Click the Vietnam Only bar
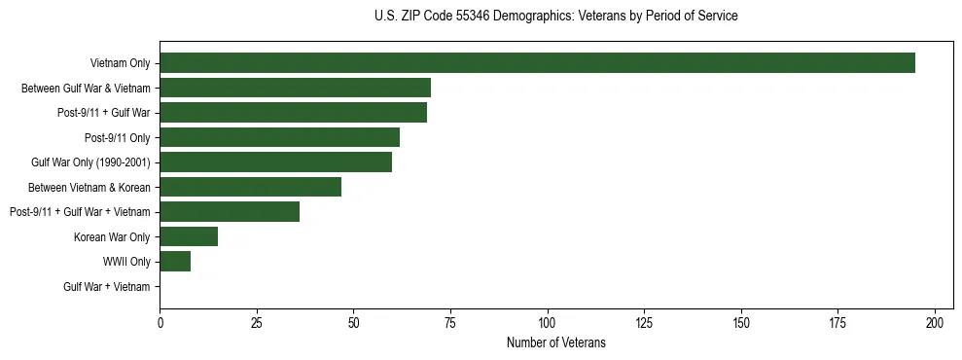pos(537,63)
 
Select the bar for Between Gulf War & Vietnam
pos(295,89)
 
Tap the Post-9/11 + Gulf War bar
pos(293,113)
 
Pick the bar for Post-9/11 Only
pos(279,137)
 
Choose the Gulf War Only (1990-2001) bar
pos(275,162)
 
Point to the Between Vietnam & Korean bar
pos(250,187)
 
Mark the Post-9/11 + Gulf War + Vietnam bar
pos(230,212)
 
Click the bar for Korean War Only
pos(189,236)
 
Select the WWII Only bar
pos(175,261)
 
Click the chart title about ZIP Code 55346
pos(555,17)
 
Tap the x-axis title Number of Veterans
pos(555,342)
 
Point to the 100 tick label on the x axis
pos(548,322)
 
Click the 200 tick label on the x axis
pos(935,322)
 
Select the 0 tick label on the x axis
pos(160,322)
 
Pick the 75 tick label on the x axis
pos(450,322)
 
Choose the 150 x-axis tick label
pos(741,322)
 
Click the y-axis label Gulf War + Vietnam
pos(107,286)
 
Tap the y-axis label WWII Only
pos(126,262)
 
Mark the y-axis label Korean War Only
pos(112,236)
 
